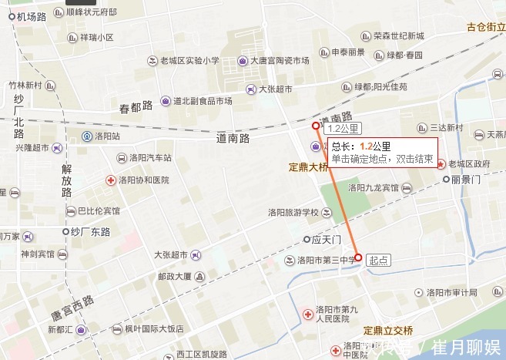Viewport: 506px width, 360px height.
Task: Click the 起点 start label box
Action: (379, 260)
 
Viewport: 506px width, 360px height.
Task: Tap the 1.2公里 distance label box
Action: (343, 129)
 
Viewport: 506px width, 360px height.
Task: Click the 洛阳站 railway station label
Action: (106, 136)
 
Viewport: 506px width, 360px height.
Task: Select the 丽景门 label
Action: (466, 179)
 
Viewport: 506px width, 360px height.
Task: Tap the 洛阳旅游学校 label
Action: (293, 213)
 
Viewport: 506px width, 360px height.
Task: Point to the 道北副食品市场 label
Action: (202, 101)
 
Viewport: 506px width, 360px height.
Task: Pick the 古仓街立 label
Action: (485, 27)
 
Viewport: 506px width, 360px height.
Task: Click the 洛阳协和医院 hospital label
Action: (143, 180)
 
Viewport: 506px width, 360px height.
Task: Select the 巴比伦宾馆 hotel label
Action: (99, 210)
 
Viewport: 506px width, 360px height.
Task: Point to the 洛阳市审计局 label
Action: (451, 292)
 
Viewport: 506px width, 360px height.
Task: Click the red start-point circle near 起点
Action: (358, 257)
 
